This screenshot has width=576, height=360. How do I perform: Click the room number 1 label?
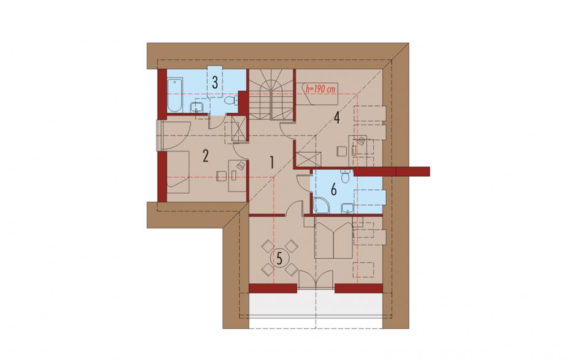pyautogui.click(x=271, y=162)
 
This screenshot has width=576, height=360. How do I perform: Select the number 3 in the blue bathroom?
pyautogui.click(x=214, y=82)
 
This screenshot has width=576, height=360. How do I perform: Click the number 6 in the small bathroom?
pyautogui.click(x=333, y=190)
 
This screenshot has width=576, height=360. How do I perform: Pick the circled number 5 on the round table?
pyautogui.click(x=279, y=259)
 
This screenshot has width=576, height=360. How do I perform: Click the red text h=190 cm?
pyautogui.click(x=320, y=90)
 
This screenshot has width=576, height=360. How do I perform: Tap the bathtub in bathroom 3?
pyautogui.click(x=175, y=96)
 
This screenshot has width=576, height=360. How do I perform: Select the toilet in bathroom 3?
pyautogui.click(x=230, y=101)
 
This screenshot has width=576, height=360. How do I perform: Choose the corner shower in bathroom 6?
pyautogui.click(x=320, y=206)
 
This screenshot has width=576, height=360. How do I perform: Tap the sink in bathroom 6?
pyautogui.click(x=347, y=208)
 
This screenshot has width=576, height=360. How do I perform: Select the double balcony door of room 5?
pyautogui.click(x=316, y=280)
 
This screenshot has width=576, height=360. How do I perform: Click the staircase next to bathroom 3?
pyautogui.click(x=272, y=94)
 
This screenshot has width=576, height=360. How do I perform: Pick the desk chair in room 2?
pyautogui.click(x=221, y=176)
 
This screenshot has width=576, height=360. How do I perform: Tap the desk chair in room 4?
pyautogui.click(x=341, y=151)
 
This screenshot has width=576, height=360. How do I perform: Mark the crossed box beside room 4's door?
pyautogui.click(x=308, y=159)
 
